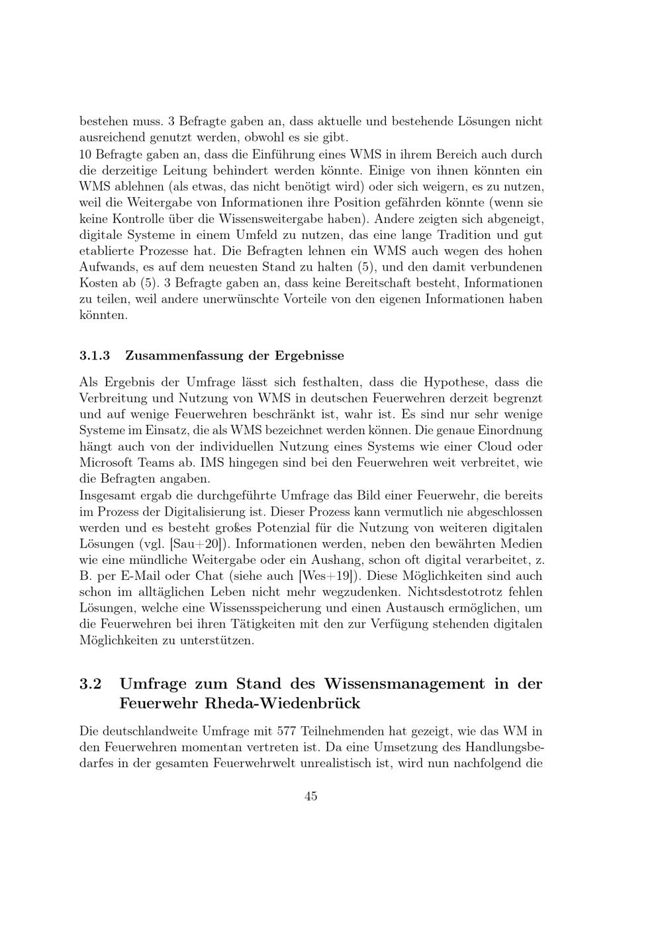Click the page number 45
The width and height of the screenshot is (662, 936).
(x=310, y=796)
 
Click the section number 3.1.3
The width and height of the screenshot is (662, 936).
(x=93, y=355)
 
